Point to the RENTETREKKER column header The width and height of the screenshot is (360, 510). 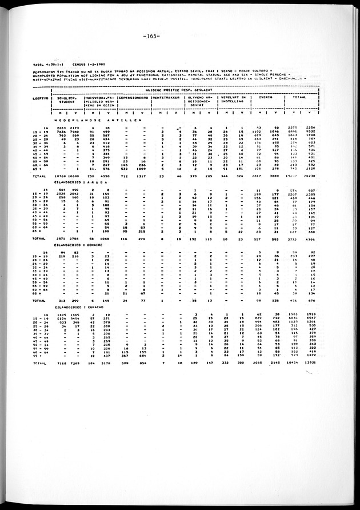click(x=166, y=98)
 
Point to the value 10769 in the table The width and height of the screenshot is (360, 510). click(x=61, y=177)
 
